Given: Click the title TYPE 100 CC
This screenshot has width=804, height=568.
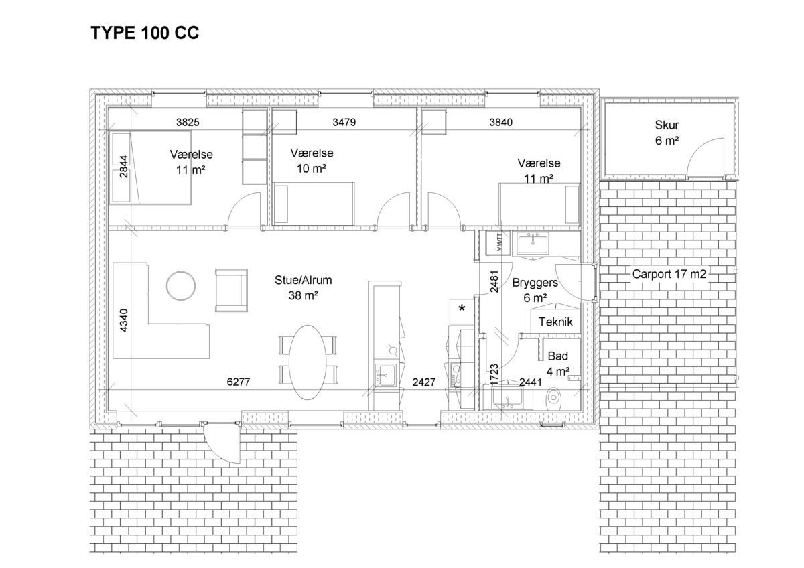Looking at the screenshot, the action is point(145,33).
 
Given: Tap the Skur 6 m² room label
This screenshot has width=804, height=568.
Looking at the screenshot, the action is point(667,133).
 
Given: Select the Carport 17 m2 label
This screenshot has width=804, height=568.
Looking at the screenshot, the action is point(669,274).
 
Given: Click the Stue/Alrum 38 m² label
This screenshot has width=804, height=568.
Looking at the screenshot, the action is point(304,288).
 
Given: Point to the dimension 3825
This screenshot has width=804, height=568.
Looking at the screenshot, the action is point(188,123).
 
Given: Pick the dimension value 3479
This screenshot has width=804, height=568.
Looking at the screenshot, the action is point(344,123).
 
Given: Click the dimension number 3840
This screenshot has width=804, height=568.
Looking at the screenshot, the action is point(500,123).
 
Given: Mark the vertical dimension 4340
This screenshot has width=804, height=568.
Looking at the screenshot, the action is point(123,320).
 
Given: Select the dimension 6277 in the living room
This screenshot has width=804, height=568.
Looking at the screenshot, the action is point(239,382).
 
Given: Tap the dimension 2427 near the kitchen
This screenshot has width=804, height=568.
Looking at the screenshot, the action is point(424,382).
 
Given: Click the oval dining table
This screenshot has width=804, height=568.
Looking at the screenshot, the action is point(308,362).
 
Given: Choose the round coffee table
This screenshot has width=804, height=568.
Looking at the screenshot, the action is point(181,286).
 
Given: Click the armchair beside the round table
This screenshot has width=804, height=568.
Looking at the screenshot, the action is point(231,290).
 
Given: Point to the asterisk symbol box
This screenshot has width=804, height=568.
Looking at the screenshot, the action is point(462,311).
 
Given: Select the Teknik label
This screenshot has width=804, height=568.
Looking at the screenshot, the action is point(555,322).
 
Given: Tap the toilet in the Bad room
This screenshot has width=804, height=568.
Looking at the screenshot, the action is point(554,399).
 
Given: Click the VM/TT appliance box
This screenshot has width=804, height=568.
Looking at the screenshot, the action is point(498,243).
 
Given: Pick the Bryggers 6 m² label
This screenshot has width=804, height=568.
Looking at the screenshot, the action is point(535,290).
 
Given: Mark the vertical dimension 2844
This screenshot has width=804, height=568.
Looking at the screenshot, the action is point(123,167).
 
